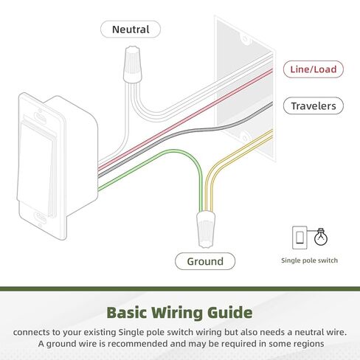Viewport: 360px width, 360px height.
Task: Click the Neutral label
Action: tap(131, 30)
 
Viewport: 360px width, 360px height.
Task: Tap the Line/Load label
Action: tap(314, 69)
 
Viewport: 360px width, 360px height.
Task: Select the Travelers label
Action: tap(314, 106)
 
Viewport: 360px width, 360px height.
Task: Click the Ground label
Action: tap(205, 261)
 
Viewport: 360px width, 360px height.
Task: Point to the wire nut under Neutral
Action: tap(133, 64)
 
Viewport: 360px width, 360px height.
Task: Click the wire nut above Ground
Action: tap(206, 229)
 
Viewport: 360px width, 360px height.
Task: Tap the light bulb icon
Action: tap(321, 237)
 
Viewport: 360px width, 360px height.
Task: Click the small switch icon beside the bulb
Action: tap(300, 238)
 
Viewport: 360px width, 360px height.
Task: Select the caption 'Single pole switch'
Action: tap(309, 260)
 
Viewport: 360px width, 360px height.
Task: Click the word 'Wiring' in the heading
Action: tap(177, 313)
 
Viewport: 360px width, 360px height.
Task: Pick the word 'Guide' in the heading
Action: tap(230, 313)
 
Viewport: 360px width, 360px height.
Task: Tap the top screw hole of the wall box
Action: tap(245, 39)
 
